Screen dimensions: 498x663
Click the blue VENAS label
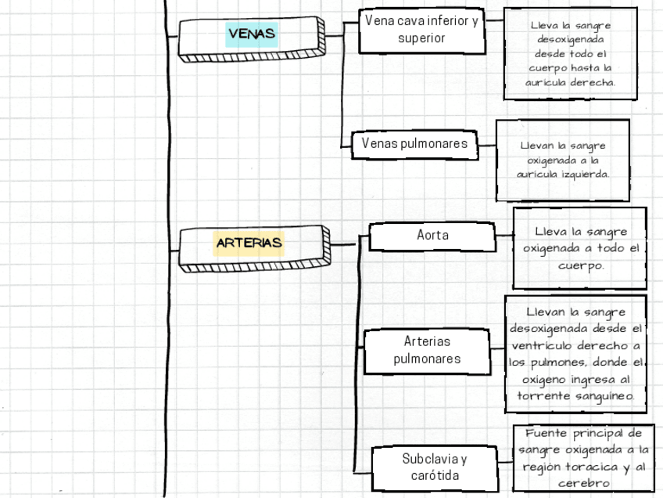click(x=252, y=34)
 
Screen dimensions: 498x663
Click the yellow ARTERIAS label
click(x=249, y=243)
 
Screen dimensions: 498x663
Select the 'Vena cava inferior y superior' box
click(x=421, y=30)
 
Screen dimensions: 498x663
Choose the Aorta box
click(x=432, y=236)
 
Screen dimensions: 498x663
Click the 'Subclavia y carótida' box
click(x=434, y=467)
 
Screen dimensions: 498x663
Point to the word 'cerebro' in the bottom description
click(x=583, y=483)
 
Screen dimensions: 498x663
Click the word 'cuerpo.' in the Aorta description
click(x=580, y=265)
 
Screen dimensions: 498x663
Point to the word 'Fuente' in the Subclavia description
click(x=547, y=433)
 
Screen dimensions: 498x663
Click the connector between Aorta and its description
click(x=504, y=235)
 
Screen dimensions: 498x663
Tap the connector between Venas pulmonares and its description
click(x=487, y=145)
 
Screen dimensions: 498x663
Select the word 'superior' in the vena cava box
click(x=421, y=38)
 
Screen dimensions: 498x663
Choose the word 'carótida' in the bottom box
click(x=435, y=475)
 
